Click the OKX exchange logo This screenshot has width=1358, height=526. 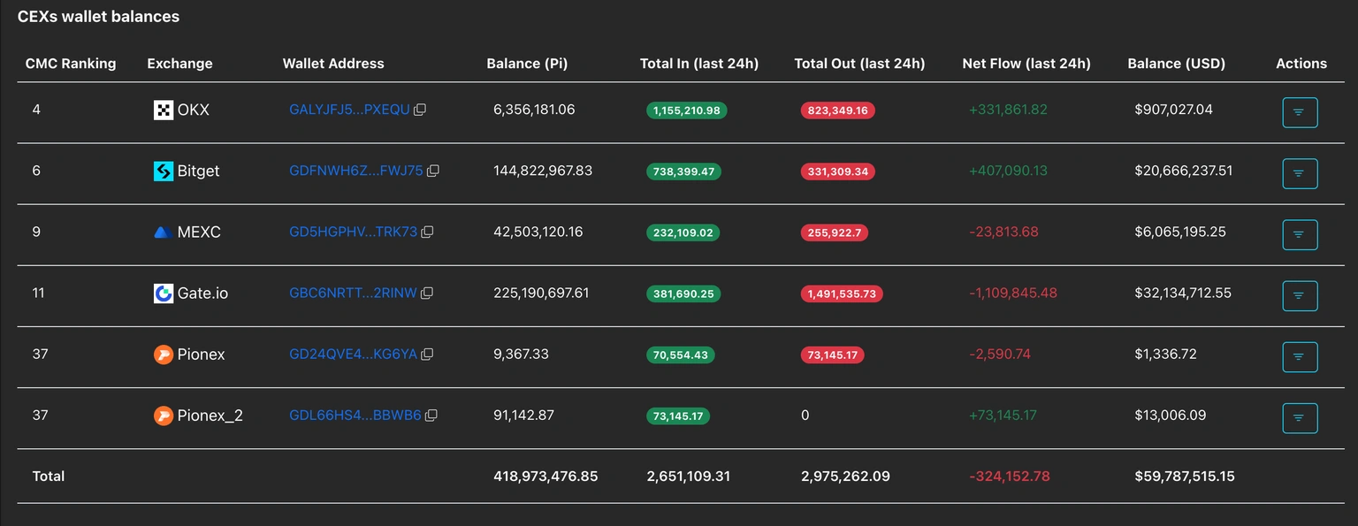164,111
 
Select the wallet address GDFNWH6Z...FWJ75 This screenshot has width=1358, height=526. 355,171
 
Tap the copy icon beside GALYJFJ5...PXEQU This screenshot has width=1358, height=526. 421,111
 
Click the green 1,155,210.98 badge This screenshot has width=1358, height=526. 687,111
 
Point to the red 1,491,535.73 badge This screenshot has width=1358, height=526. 842,293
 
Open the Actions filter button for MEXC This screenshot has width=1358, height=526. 1300,234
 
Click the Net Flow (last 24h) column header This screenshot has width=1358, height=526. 1026,64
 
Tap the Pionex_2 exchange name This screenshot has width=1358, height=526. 210,415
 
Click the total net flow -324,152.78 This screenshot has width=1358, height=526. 1010,476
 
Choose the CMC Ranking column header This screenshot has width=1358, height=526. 71,64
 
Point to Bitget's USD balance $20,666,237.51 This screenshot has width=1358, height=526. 1183,171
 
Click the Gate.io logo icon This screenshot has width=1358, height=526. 164,293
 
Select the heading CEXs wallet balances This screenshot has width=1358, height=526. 98,17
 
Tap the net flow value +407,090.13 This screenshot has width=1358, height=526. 1008,171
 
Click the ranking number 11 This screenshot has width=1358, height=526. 38,293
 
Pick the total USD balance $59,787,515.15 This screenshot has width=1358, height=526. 1185,476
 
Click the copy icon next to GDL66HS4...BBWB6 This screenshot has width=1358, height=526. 431,415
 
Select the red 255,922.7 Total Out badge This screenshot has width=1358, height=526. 835,233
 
